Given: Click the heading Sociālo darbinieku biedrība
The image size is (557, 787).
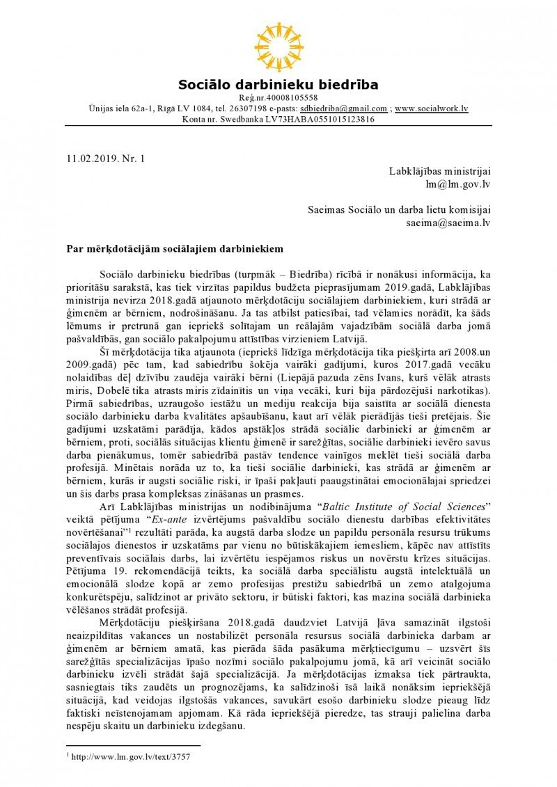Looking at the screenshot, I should click(x=278, y=86).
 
